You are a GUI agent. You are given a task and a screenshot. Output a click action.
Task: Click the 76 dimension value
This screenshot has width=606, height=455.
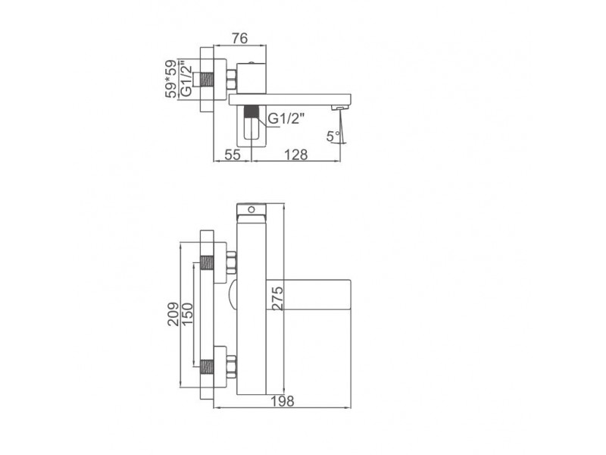[239, 39]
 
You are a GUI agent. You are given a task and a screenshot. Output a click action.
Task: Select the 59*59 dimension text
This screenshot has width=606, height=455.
[171, 79]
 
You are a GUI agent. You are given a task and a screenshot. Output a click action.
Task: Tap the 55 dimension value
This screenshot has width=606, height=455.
[233, 155]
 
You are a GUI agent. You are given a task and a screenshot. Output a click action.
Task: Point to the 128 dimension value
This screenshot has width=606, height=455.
[296, 155]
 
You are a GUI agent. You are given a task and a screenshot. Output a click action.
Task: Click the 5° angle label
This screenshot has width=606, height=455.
[333, 136]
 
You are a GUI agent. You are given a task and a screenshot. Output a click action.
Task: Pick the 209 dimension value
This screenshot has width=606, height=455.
[173, 314]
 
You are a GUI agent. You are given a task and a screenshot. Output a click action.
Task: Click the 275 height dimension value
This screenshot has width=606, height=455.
[277, 298]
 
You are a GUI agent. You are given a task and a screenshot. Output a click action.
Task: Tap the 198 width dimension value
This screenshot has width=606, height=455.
[282, 401]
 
